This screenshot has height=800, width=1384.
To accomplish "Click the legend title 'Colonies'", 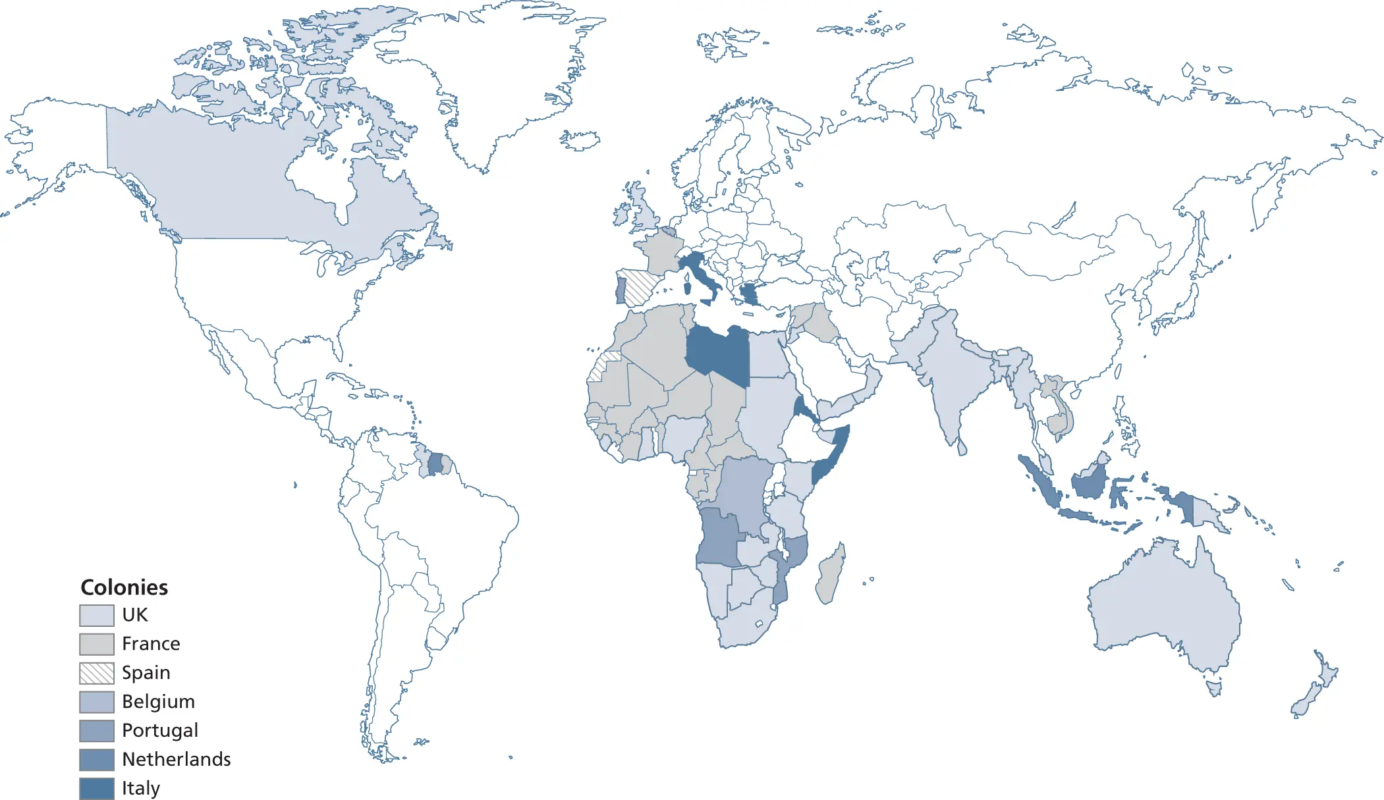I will pyautogui.click(x=124, y=587).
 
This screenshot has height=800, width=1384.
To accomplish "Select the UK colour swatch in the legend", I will pyautogui.click(x=96, y=615).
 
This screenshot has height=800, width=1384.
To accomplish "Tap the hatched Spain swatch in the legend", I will pyautogui.click(x=96, y=673).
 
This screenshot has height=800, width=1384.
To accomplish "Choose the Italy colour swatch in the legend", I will pyautogui.click(x=96, y=788).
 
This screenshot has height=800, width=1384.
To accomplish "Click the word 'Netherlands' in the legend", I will pyautogui.click(x=176, y=759).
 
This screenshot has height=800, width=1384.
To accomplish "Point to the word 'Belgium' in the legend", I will pyautogui.click(x=158, y=701).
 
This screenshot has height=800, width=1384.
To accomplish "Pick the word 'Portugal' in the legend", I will pyautogui.click(x=159, y=730).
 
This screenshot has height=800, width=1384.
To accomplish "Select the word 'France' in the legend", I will pyautogui.click(x=151, y=643).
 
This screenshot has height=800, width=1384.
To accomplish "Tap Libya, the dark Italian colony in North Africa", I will pyautogui.click(x=718, y=352).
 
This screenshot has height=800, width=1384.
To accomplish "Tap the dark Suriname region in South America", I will pyautogui.click(x=435, y=464).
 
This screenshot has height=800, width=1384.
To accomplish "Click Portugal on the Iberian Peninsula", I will pyautogui.click(x=621, y=290).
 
